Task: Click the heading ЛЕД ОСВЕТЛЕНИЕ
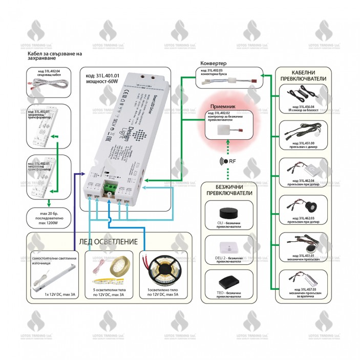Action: tap(108, 242)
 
